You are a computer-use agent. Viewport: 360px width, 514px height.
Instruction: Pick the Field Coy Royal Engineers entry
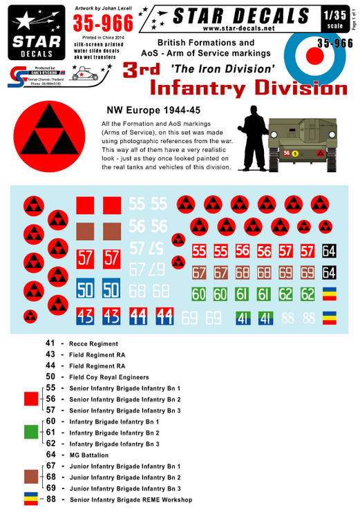pyautogui.click(x=109, y=377)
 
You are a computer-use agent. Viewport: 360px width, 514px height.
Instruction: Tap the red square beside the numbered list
pyautogui.click(x=30, y=399)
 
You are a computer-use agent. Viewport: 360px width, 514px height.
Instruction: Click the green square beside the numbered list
pyautogui.click(x=30, y=432)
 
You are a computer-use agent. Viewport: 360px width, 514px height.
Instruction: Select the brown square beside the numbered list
pyautogui.click(x=30, y=477)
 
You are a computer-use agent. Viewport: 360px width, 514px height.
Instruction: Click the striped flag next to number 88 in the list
pyautogui.click(x=30, y=499)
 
